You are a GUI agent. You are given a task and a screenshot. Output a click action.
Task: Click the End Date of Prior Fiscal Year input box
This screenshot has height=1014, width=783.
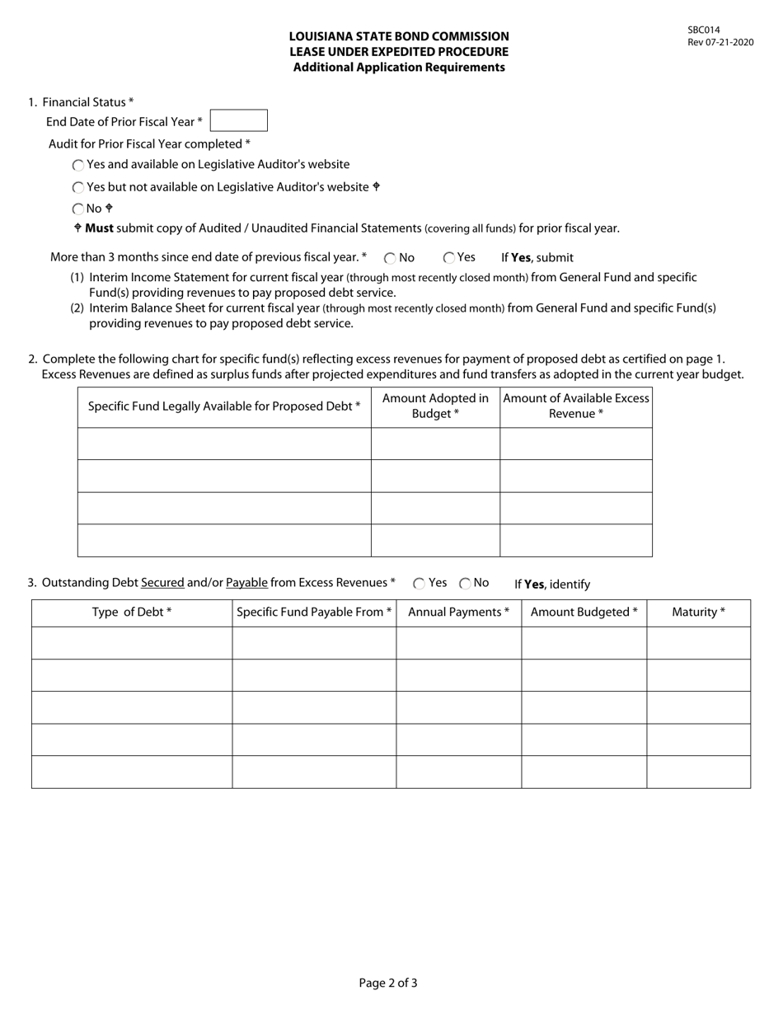coord(238,120)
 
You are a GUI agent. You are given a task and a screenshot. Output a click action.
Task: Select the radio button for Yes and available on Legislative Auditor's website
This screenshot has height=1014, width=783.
coord(78,166)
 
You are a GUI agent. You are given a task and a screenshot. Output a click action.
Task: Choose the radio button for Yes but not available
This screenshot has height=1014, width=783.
coord(78,188)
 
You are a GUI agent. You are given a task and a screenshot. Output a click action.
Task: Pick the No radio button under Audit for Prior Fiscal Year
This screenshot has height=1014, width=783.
coord(78,209)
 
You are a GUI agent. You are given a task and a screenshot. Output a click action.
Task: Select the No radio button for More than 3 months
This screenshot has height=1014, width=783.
coord(390,258)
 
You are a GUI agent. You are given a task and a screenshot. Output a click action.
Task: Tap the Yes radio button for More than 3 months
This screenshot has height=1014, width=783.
coord(449,258)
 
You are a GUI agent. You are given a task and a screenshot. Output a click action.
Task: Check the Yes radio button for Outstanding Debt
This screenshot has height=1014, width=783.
coord(419,584)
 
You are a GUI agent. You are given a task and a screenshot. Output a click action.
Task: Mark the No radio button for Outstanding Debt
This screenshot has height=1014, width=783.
coord(465,584)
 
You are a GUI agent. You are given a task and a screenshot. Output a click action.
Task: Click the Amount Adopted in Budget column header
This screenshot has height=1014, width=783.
coord(435,406)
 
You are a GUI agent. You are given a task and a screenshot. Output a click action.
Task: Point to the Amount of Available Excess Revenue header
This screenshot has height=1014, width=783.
coord(576,406)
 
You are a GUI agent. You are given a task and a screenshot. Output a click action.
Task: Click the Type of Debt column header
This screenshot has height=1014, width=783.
coord(132,613)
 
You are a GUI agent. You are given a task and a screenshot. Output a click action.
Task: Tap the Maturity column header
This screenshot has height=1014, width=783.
coord(698,613)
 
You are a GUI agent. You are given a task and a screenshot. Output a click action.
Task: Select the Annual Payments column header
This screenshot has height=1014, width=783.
coord(458,613)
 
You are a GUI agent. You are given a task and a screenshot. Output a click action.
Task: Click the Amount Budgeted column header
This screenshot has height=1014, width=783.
coord(584,613)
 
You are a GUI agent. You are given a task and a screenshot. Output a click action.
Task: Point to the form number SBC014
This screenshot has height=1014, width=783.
coord(704,31)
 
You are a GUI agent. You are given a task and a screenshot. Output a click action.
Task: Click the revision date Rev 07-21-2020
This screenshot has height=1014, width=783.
coord(720,42)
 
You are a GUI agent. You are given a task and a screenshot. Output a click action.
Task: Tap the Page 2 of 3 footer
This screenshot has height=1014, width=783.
coord(388,983)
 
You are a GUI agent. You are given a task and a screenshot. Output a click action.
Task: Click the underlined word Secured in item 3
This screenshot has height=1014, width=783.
coord(162,583)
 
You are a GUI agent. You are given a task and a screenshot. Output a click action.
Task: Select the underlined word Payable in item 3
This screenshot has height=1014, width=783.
coord(246,583)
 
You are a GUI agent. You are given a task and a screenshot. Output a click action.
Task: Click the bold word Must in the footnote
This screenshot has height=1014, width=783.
coord(99,228)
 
